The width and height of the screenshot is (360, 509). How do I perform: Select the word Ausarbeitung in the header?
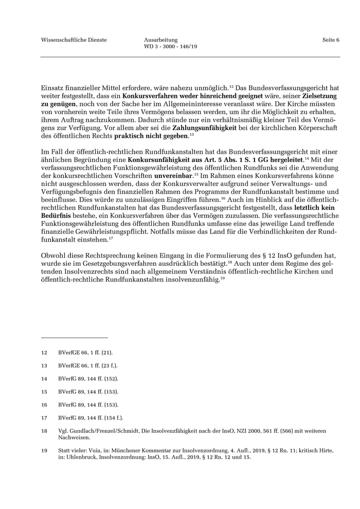tap(161, 40)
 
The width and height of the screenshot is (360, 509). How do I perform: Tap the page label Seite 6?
tap(331, 40)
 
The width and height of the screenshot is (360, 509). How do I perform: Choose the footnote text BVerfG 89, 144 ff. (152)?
tap(88, 379)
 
